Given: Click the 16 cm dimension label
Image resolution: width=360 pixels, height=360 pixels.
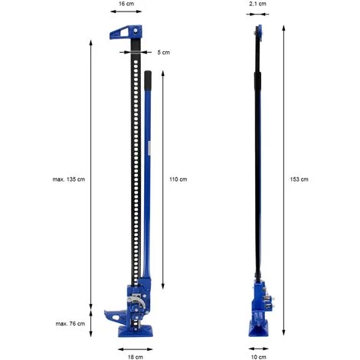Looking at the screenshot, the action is (126, 4).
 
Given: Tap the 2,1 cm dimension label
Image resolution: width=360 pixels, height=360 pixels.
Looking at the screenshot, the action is (257, 4).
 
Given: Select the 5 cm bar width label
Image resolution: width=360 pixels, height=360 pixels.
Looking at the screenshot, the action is (163, 52).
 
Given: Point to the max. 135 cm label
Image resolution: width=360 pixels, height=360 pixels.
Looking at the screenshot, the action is (69, 179).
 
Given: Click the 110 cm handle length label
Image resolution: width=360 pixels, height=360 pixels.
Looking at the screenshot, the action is (178, 179).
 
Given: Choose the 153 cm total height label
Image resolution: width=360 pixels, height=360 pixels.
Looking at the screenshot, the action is (299, 179).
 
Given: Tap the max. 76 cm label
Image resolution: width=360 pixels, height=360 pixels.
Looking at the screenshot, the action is (70, 323).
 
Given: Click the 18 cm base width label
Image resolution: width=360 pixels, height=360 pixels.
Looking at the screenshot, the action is (136, 357).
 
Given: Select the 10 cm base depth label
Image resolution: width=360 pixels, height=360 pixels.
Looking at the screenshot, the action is (258, 357).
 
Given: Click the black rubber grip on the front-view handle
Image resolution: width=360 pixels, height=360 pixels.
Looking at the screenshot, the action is (148, 80).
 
